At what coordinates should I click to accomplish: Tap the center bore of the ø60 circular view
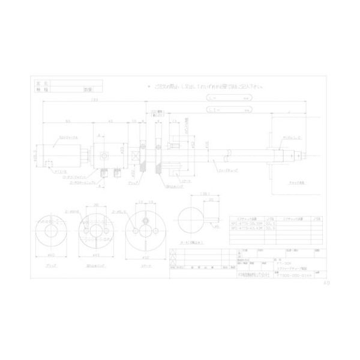tap(144, 228)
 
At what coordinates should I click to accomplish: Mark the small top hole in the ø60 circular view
tap(144, 216)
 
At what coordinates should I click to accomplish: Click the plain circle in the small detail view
tap(190, 221)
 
